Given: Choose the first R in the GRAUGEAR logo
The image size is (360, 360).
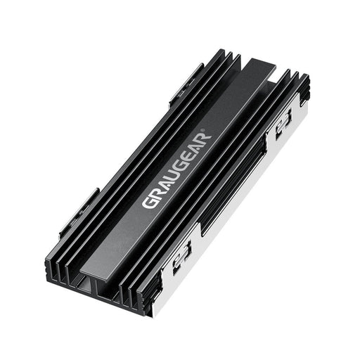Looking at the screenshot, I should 155,195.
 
